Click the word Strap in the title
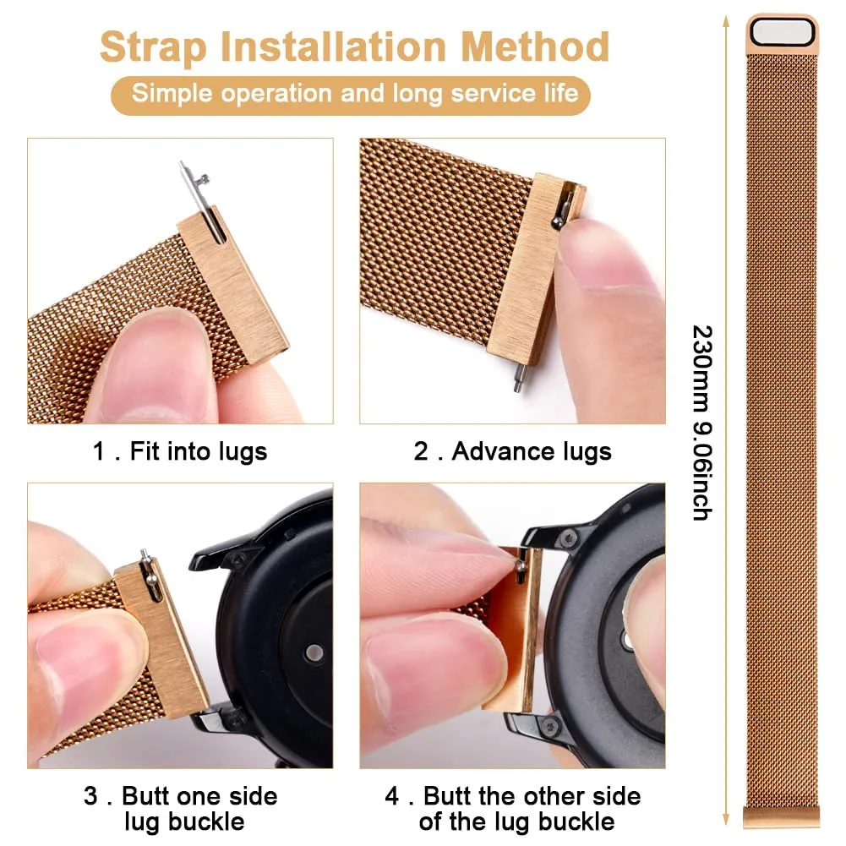pyautogui.click(x=154, y=47)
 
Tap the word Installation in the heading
pyautogui.click(x=334, y=46)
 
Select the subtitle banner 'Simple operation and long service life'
pyautogui.click(x=351, y=95)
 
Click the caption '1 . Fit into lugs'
pyautogui.click(x=180, y=452)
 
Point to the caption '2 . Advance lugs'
pyautogui.click(x=512, y=452)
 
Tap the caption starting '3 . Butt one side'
pyautogui.click(x=181, y=808)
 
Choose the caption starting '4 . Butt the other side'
pyautogui.click(x=512, y=808)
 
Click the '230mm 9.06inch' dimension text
pyautogui.click(x=702, y=423)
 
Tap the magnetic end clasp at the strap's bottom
pyautogui.click(x=781, y=816)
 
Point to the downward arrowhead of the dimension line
pyautogui.click(x=726, y=819)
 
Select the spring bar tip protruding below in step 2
pyautogui.click(x=518, y=378)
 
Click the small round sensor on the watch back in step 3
pyautogui.click(x=314, y=652)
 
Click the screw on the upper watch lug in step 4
pyautogui.click(x=567, y=538)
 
